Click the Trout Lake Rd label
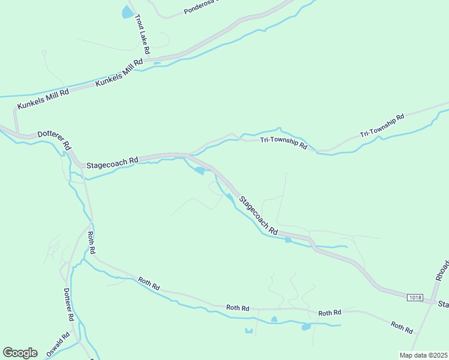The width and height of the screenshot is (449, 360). tap(142, 31)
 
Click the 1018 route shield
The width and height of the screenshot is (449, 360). tap(414, 298)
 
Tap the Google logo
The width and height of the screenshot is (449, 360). tap(20, 353)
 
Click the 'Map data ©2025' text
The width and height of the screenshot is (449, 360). tap(423, 355)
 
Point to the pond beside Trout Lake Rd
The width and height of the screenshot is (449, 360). tap(128, 12)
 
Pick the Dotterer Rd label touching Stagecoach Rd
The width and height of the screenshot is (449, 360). tap(55, 140)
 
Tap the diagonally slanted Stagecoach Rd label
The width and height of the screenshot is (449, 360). tap(259, 215)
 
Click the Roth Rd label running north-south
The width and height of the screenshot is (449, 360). tap(91, 242)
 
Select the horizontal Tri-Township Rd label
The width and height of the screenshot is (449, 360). tap(283, 142)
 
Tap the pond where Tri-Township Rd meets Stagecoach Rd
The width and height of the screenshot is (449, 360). tap(199, 171)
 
